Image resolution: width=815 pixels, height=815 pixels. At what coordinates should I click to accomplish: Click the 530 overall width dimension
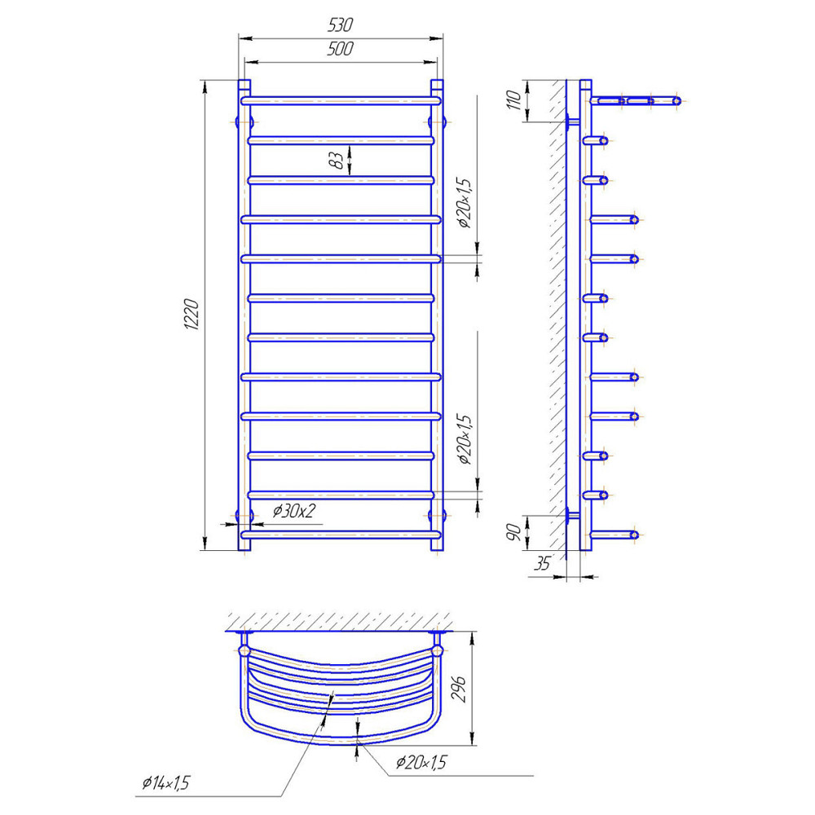[x=341, y=27]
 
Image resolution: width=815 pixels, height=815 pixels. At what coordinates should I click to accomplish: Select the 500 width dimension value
[x=341, y=51]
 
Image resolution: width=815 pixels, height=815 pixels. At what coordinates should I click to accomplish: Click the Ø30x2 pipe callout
[x=293, y=511]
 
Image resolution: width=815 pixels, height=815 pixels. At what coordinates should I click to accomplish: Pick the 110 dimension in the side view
[x=513, y=100]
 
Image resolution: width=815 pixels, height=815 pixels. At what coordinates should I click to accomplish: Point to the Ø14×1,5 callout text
[x=164, y=784]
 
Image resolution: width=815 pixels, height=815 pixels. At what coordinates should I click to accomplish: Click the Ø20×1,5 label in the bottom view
[x=421, y=762]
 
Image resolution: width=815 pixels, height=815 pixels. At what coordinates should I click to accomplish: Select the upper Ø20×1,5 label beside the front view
[x=465, y=201]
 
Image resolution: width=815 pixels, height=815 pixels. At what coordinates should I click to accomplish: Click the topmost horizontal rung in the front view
[x=341, y=100]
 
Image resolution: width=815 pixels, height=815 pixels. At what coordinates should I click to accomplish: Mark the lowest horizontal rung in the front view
[x=341, y=535]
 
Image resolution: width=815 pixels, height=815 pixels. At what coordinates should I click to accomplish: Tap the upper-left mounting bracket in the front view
[x=244, y=121]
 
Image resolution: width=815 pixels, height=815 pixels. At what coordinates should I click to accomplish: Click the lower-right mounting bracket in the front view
[x=438, y=514]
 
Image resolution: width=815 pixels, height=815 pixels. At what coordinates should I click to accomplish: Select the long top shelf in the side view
[x=636, y=100]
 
